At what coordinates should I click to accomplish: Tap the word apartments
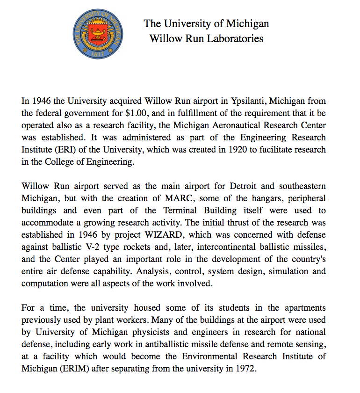click(x=302, y=308)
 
